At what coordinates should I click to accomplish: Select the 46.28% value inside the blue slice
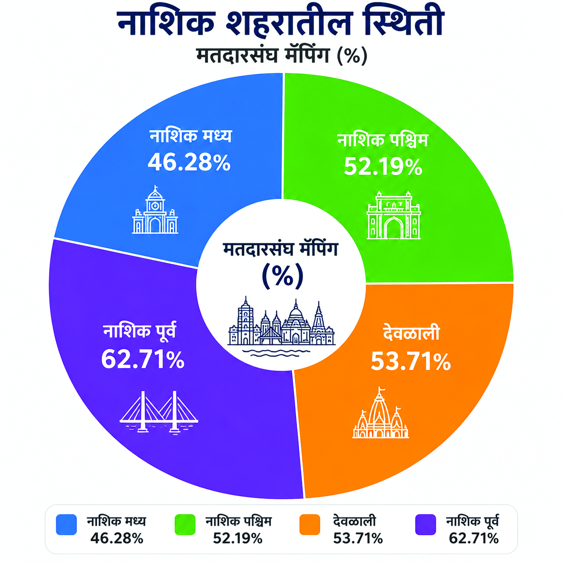tap(189, 163)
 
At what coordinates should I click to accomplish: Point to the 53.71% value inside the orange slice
tap(411, 362)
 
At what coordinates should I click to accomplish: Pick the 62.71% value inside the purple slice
tap(143, 360)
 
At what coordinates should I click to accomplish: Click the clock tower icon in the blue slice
tap(155, 209)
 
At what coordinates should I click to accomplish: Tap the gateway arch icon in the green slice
tap(394, 215)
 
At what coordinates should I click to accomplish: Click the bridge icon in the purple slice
tap(159, 412)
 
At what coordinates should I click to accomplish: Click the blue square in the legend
tap(66, 524)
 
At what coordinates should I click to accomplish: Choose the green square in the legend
tap(185, 524)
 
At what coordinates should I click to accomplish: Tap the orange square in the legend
tap(310, 524)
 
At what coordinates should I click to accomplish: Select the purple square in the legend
tap(426, 524)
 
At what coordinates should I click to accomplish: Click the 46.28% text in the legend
tap(116, 538)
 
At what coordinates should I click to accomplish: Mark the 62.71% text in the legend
tap(474, 538)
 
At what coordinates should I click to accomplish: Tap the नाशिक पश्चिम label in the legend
tap(238, 521)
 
